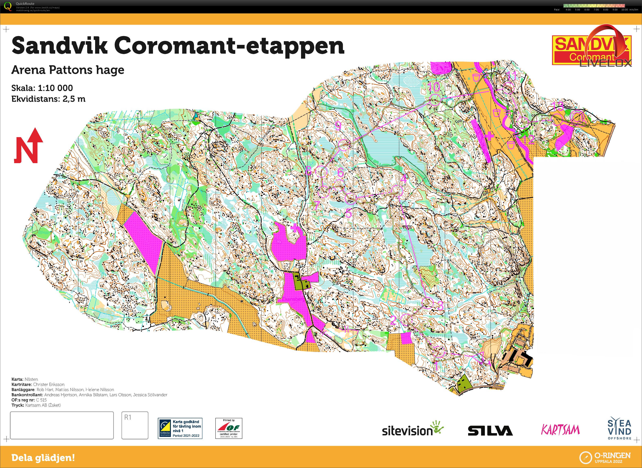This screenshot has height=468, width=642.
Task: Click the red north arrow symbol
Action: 28,146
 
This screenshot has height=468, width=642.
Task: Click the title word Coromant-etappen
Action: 229,46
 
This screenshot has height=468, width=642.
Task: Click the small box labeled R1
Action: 135,425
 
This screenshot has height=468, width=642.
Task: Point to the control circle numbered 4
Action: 397,190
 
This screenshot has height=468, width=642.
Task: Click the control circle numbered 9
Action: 344,145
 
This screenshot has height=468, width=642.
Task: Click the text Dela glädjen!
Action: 43,458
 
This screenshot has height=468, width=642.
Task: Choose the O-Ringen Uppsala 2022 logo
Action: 605,457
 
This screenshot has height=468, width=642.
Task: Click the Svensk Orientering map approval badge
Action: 180,428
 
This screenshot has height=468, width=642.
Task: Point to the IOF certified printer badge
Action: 229,428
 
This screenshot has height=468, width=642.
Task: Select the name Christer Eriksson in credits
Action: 49,384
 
